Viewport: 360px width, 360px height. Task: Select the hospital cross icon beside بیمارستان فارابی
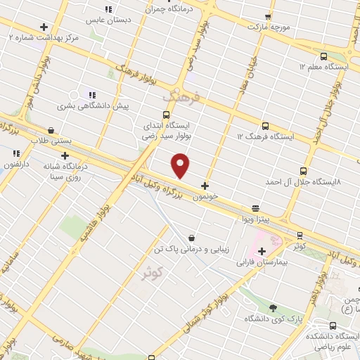262,251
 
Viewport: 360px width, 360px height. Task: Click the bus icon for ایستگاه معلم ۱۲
323,56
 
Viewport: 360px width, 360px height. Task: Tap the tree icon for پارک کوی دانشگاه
272,308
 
